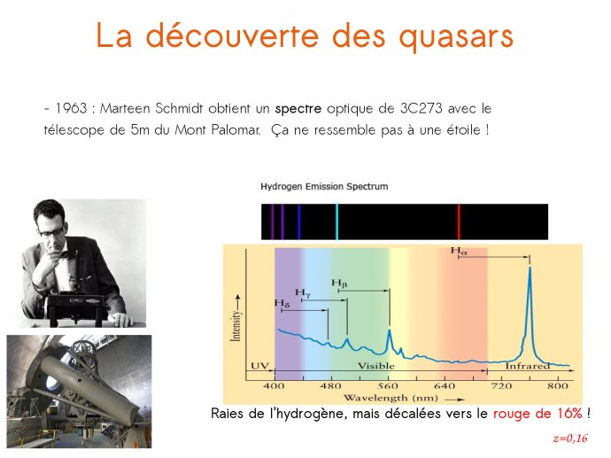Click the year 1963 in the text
tap(72, 108)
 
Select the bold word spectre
tap(298, 109)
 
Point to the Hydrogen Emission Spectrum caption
tap(324, 186)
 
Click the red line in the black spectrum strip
tap(459, 221)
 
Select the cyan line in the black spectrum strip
tap(336, 221)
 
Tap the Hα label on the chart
tap(459, 251)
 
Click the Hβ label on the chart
tap(339, 283)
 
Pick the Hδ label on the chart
tap(282, 303)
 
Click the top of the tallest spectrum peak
tap(530, 268)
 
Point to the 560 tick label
tap(388, 386)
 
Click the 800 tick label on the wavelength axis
tap(558, 386)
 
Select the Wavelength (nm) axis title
tap(391, 398)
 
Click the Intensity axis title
tap(236, 326)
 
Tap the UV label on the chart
tap(260, 366)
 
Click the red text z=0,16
tap(570, 439)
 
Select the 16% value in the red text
tap(569, 413)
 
